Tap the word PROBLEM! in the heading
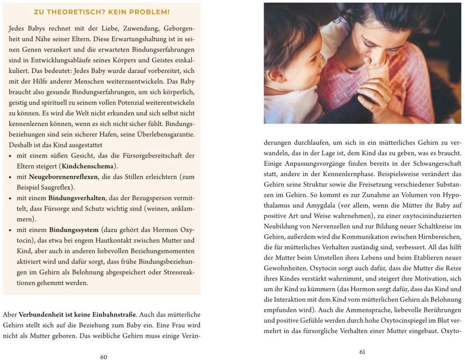(x=151, y=12)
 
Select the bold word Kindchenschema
(x=87, y=166)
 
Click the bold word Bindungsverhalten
(x=77, y=197)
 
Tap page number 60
(x=104, y=356)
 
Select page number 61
(x=362, y=352)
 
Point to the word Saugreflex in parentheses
(x=57, y=187)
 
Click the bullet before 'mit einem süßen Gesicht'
(x=11, y=156)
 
